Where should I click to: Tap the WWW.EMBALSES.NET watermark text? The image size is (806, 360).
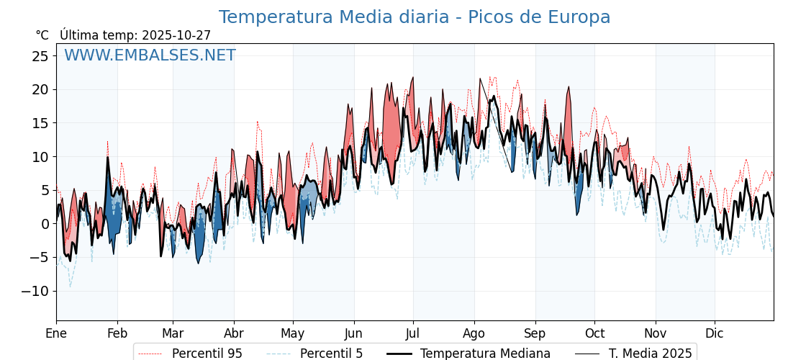(x=150, y=55)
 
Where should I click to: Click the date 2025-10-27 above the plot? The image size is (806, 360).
(x=176, y=35)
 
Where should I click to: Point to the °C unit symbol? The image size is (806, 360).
(x=42, y=35)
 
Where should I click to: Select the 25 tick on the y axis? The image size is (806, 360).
(x=40, y=56)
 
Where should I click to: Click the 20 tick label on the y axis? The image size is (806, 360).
(x=40, y=90)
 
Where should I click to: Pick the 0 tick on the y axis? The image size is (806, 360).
(x=45, y=224)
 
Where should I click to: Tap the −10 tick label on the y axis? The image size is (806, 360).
(x=35, y=291)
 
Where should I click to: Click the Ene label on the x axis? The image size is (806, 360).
(x=56, y=333)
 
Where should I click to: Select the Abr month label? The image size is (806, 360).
(x=234, y=333)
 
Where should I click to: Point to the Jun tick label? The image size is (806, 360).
(x=354, y=333)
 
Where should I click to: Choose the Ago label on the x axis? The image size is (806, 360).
(x=474, y=333)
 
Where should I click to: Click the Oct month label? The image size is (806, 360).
(x=594, y=333)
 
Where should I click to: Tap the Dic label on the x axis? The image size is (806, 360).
(x=715, y=333)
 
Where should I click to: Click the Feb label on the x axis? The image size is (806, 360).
(x=117, y=333)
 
